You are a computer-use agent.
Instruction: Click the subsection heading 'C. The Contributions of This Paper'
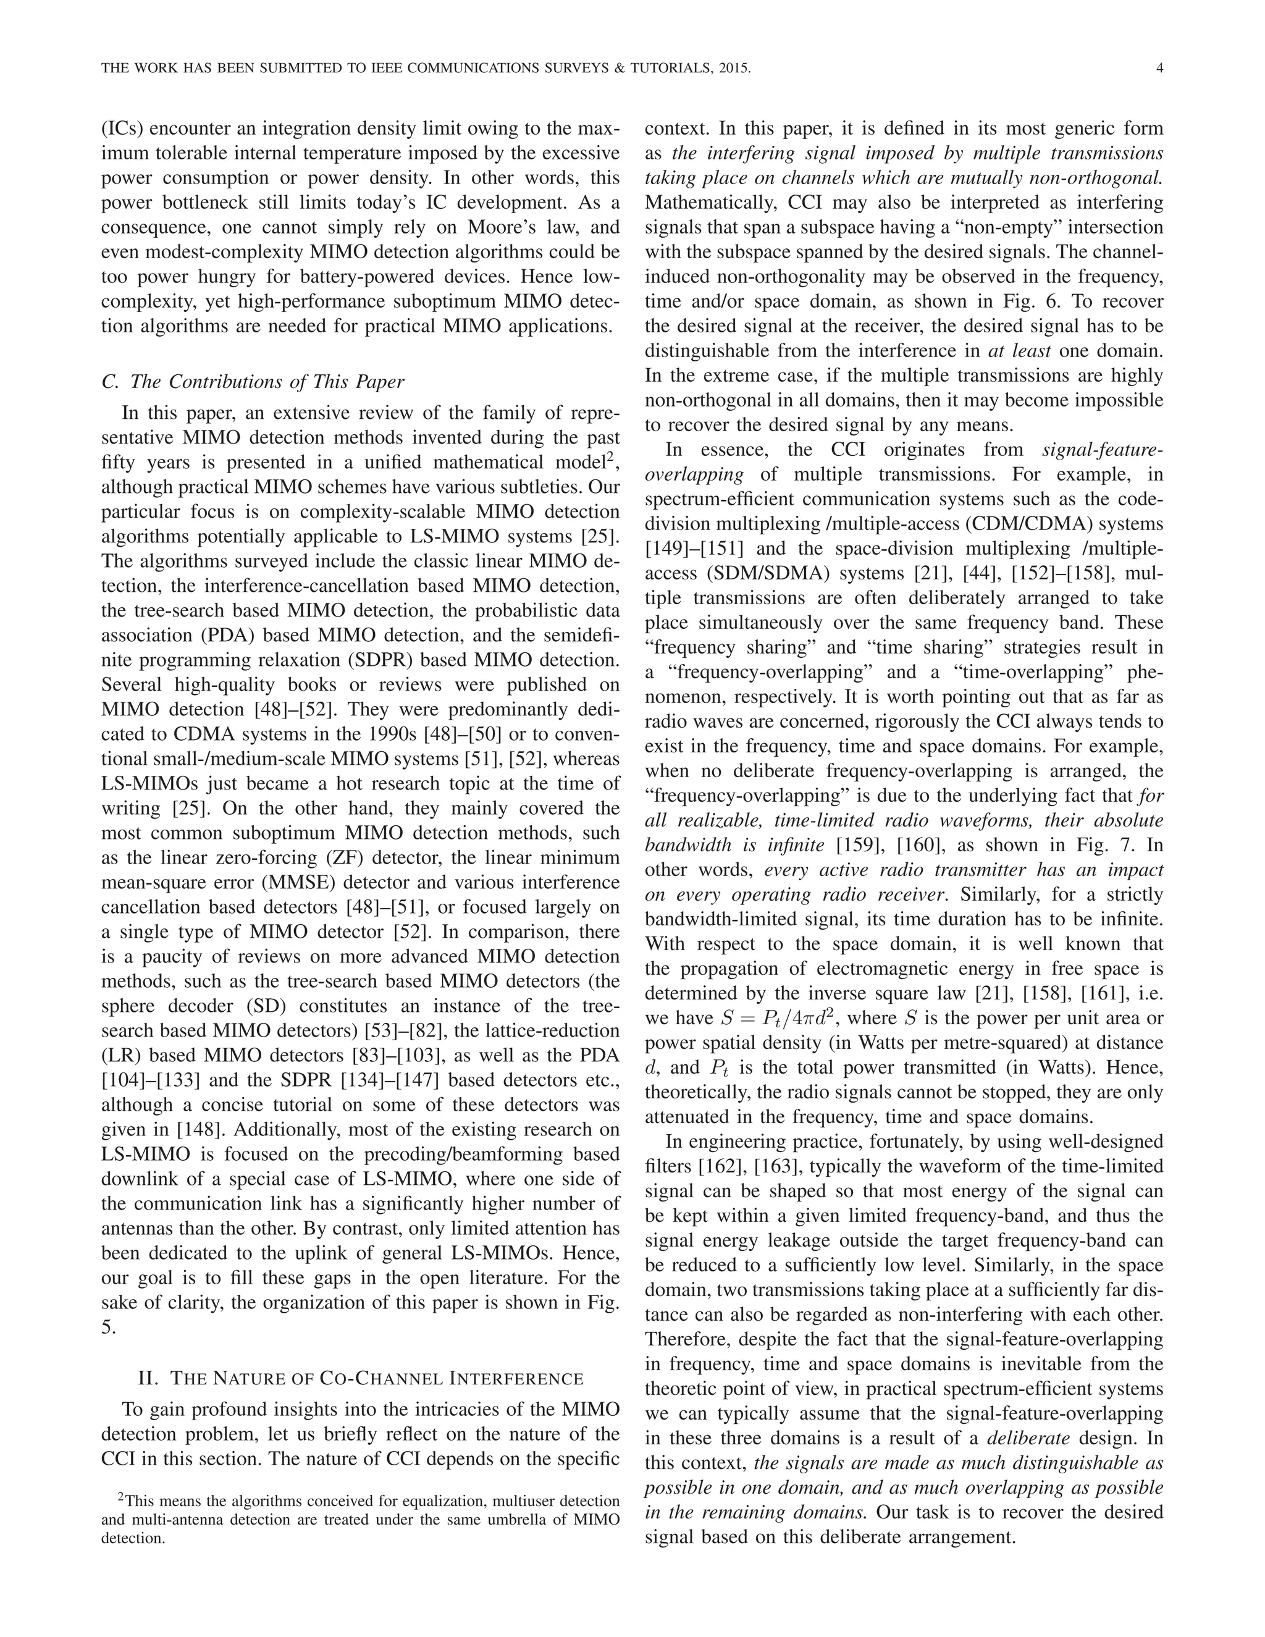253,382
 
